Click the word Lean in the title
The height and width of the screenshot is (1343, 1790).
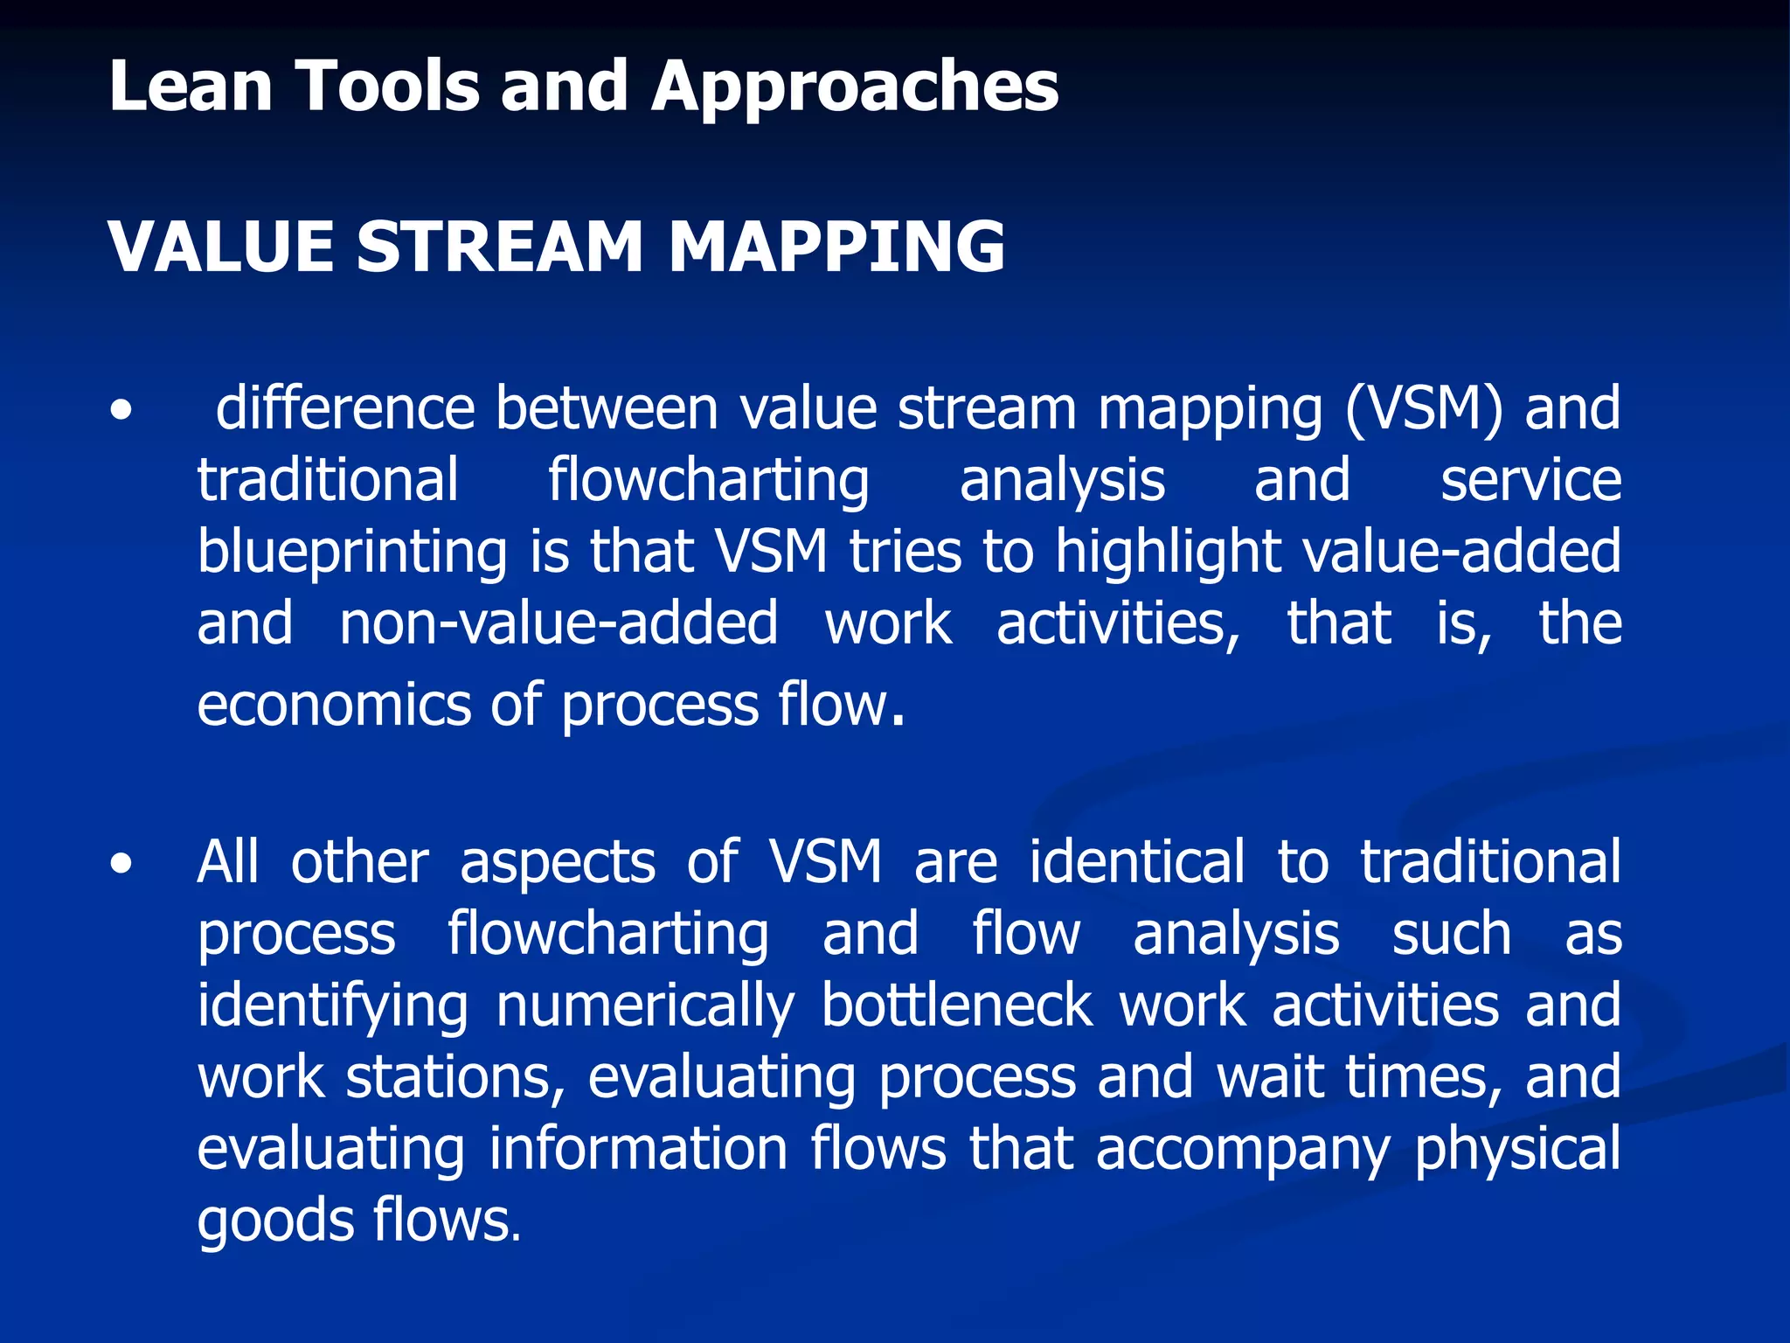pyautogui.click(x=191, y=87)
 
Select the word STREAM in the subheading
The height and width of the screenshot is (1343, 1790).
pyautogui.click(x=500, y=247)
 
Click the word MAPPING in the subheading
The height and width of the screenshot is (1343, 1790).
pyautogui.click(x=836, y=247)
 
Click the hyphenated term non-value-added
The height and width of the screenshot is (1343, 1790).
pyautogui.click(x=559, y=623)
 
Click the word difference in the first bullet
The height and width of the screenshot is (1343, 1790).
pyautogui.click(x=344, y=408)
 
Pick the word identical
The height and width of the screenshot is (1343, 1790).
pyautogui.click(x=1136, y=862)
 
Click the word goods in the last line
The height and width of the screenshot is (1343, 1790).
pyautogui.click(x=274, y=1221)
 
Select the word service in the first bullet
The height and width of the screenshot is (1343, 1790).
pyautogui.click(x=1530, y=480)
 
